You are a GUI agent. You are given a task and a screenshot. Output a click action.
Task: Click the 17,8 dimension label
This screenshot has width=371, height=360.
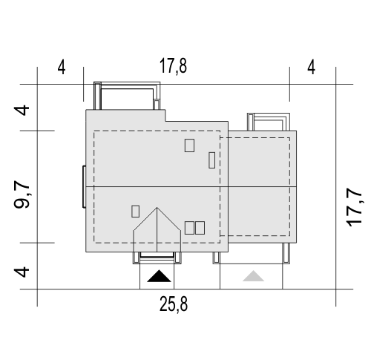tap(173, 66)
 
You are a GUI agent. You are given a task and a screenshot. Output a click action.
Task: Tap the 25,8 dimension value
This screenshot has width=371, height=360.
tap(174, 304)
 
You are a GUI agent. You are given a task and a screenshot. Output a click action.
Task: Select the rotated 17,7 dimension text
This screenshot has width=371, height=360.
tap(355, 207)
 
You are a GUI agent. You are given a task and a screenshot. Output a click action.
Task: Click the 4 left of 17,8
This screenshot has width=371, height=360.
tap(62, 68)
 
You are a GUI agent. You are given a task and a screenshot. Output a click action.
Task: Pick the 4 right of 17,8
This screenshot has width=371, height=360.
tap(311, 68)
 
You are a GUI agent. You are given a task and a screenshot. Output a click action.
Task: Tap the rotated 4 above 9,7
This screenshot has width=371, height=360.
tap(22, 111)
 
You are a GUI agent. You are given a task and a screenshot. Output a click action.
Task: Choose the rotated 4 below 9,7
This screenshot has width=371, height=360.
tap(22, 272)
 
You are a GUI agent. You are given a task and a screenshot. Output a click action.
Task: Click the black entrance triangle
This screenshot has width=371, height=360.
tap(159, 276)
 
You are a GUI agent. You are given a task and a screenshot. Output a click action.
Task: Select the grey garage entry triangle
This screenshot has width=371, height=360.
tap(253, 276)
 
